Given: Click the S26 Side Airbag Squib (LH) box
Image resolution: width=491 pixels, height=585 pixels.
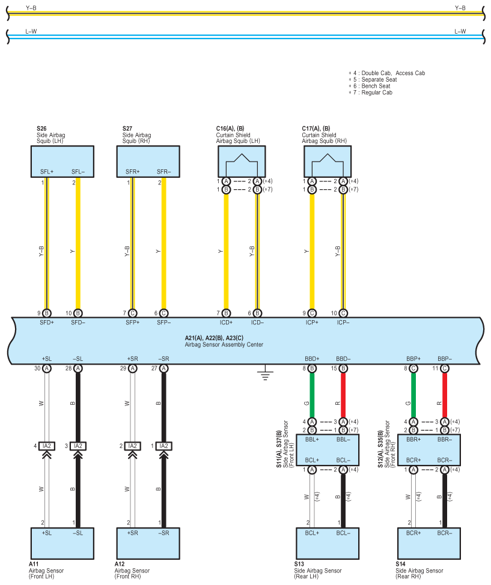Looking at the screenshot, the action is pyautogui.click(x=63, y=162).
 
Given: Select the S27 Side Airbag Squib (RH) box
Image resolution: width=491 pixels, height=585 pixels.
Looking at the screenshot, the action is pyautogui.click(x=148, y=162).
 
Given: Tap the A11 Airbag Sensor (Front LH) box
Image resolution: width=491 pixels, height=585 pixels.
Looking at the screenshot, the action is pyautogui.click(x=63, y=543).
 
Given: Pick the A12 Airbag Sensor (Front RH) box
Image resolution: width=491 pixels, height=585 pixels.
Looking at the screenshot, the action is pyautogui.click(x=148, y=543).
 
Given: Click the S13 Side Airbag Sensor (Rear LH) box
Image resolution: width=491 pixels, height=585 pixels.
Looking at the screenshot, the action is pyautogui.click(x=328, y=543).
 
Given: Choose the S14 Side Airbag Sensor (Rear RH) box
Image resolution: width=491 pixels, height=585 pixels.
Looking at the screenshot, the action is pyautogui.click(x=428, y=543).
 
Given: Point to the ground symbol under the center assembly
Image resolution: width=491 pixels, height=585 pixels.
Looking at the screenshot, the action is pyautogui.click(x=265, y=373).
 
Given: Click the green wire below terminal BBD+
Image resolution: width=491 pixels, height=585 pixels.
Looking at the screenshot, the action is pyautogui.click(x=312, y=395).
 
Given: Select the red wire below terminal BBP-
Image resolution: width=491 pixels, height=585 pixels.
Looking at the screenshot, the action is pyautogui.click(x=445, y=395).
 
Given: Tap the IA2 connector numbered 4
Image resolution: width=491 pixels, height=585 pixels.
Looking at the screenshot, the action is pyautogui.click(x=47, y=446).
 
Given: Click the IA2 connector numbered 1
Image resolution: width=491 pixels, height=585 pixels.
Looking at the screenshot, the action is pyautogui.click(x=163, y=446).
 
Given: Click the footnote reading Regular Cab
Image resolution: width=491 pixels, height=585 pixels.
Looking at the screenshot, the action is pyautogui.click(x=377, y=92).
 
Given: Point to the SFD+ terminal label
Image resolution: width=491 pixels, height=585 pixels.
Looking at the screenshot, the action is pyautogui.click(x=47, y=323).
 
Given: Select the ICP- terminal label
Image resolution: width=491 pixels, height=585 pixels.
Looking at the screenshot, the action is pyautogui.click(x=343, y=323).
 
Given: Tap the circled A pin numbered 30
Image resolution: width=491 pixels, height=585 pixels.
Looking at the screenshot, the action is pyautogui.click(x=47, y=369).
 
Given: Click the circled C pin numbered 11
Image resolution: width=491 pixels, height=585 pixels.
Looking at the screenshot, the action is pyautogui.click(x=444, y=369).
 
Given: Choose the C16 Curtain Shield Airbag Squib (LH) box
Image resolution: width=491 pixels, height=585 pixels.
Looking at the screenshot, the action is pyautogui.click(x=242, y=162).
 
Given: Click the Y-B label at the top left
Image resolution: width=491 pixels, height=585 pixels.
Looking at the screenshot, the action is pyautogui.click(x=31, y=8).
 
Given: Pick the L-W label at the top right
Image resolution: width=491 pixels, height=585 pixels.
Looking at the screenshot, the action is pyautogui.click(x=460, y=31).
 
